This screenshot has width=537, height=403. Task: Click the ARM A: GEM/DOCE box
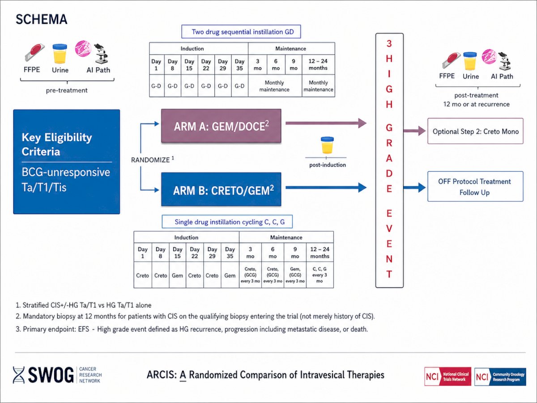pos(221,126)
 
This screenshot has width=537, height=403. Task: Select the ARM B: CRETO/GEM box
pos(221,189)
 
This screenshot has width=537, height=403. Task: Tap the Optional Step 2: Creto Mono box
pos(475,131)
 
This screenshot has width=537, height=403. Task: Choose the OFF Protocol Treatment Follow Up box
pos(475,186)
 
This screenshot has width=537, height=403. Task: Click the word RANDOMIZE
pos(150,160)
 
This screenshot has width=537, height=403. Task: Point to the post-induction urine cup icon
pos(327,145)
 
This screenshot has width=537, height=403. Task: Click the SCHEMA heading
pos(41,19)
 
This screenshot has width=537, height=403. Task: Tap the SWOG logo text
pos(51,375)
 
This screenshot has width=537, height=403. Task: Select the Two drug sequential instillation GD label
pos(241,31)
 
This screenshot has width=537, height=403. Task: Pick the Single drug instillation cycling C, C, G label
pos(227,222)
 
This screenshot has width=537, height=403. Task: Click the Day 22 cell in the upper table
pos(206,64)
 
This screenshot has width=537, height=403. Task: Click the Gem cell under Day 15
pos(177,275)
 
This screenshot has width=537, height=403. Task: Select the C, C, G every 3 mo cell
pos(320,275)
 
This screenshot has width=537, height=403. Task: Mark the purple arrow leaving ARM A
pos(326,123)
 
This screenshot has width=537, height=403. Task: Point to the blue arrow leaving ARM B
pos(326,188)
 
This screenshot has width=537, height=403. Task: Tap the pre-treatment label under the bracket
pos(67,90)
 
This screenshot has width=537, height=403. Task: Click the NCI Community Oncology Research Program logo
pos(500,377)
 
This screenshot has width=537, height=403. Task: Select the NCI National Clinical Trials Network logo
pos(447,377)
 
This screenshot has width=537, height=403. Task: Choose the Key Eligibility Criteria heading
pos(57,144)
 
